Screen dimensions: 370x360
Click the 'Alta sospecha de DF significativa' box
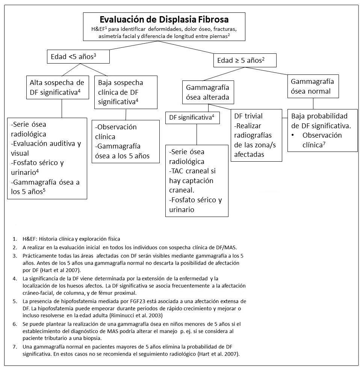tap(56, 87)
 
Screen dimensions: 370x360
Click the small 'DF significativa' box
tap(192, 117)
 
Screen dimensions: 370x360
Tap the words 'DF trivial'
tap(248, 116)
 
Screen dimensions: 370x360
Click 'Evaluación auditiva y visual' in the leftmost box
tap(47, 148)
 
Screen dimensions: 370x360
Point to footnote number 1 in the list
tap(14, 239)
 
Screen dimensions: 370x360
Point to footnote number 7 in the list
tap(14, 346)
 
